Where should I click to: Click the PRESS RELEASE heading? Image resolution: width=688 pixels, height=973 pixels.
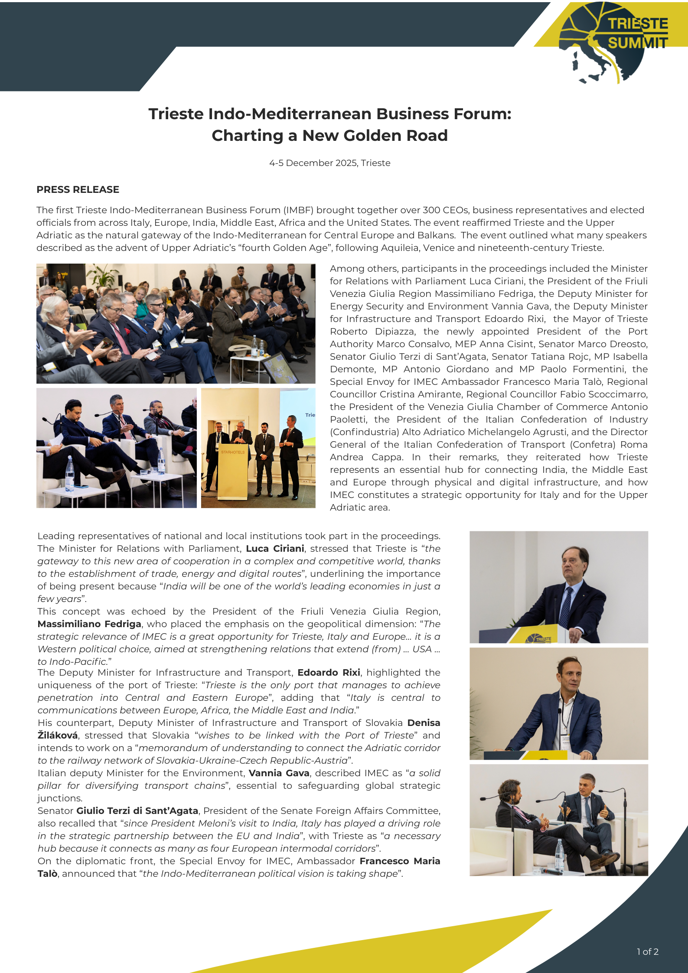(78, 189)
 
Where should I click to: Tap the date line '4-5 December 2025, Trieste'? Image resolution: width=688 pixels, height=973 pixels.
(329, 163)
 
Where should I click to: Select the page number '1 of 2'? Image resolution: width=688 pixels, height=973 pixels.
(647, 951)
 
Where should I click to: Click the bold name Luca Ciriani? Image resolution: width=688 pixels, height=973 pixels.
(275, 549)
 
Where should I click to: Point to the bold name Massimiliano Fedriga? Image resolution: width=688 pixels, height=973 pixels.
(89, 624)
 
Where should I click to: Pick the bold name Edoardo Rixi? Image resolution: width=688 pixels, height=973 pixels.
(329, 673)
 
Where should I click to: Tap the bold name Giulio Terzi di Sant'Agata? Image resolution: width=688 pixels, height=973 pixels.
(137, 811)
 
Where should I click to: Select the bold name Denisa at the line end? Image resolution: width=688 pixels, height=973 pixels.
(424, 723)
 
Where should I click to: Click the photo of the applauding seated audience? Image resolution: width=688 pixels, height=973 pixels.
(176, 323)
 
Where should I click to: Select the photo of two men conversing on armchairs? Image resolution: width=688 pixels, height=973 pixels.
(558, 820)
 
